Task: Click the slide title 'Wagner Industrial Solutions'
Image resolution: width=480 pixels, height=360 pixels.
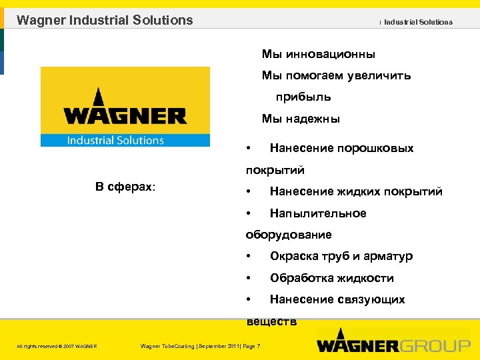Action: point(105,20)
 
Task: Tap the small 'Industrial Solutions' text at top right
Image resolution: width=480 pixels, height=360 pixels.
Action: point(418,22)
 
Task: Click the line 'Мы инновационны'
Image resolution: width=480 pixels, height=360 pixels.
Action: point(318,54)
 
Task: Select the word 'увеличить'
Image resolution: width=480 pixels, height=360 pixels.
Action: point(379,76)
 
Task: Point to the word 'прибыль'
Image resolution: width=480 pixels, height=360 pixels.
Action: point(303,97)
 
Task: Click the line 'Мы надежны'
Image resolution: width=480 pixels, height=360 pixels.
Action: point(301,119)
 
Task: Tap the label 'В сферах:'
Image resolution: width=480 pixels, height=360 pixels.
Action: point(125,187)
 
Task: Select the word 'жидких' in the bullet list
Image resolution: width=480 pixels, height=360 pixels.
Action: point(350,192)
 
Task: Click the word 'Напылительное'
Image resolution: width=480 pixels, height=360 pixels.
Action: point(318,213)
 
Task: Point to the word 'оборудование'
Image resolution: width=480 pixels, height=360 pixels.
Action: point(289,235)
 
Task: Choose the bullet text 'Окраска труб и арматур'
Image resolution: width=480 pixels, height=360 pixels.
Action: point(341,257)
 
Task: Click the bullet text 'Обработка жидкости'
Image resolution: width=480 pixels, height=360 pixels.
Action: point(332,278)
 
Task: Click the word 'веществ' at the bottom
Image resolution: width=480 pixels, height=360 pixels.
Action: point(271,322)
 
